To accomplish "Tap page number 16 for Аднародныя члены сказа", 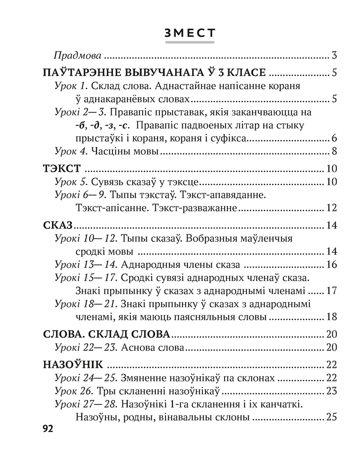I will click(x=331, y=265).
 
